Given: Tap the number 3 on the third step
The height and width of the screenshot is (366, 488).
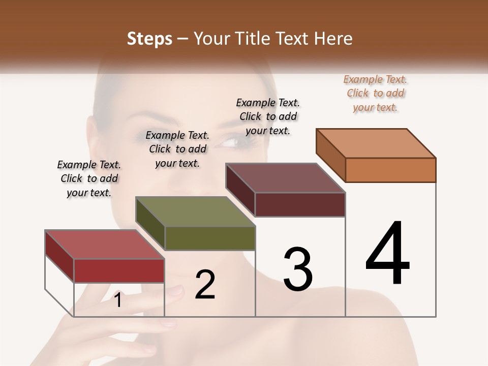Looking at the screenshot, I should pos(297,269).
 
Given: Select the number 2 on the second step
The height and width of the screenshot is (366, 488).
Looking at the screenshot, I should pos(205,285).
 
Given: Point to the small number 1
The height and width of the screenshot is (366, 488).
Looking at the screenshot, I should pos(117,300).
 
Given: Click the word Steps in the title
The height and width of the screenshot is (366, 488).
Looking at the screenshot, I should pos(149,39).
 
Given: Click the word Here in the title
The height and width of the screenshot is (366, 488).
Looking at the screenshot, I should pos(333,39).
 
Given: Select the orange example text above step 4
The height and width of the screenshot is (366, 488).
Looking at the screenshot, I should pos(375,93).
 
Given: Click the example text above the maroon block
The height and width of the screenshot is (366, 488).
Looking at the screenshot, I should pos(268,116).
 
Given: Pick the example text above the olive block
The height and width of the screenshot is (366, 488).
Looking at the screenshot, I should pos(177,149).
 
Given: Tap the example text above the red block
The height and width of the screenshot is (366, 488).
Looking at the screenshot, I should pos(89,178).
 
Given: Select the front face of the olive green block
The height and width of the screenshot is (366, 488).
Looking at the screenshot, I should pos(210,238).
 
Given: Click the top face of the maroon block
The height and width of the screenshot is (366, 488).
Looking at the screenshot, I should pos(285,178).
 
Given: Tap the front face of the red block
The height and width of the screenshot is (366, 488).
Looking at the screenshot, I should pos(119,270).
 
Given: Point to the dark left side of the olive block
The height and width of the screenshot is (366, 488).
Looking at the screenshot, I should pos(150,224).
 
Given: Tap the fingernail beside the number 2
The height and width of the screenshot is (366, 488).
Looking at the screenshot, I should pos(176,291).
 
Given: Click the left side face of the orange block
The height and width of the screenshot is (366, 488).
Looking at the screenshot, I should pos(331,155).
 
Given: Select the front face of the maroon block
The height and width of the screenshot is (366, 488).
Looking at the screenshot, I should pos(300,204).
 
